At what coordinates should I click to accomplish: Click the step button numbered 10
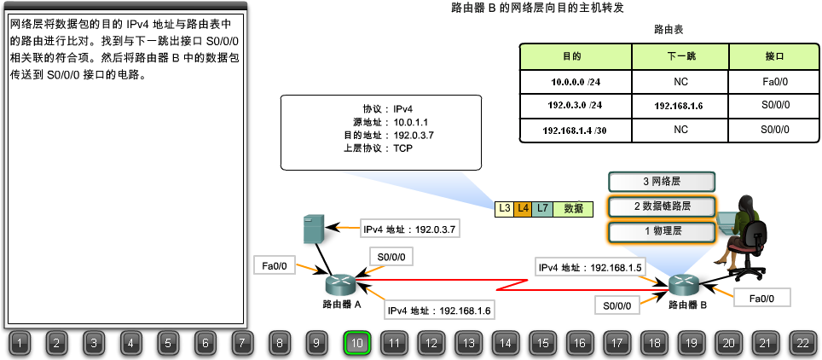tap(357, 343)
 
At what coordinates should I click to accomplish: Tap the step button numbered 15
tap(542, 343)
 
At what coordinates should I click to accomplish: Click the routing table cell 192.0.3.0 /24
tap(575, 105)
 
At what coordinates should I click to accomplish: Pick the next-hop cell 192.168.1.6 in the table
tap(680, 105)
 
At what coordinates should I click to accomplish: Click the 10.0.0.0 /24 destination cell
tap(575, 81)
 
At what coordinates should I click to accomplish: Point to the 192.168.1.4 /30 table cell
tap(575, 130)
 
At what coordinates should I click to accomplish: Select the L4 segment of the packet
tap(523, 207)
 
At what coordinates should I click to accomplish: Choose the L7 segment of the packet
tap(542, 207)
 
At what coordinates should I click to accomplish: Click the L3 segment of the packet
tap(504, 207)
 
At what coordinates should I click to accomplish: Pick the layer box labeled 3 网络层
tap(661, 182)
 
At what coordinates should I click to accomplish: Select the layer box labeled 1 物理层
tap(661, 231)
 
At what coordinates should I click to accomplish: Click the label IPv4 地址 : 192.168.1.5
tap(590, 268)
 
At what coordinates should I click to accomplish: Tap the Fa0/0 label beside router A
tap(275, 266)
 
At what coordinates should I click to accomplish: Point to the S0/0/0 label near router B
tap(616, 305)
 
